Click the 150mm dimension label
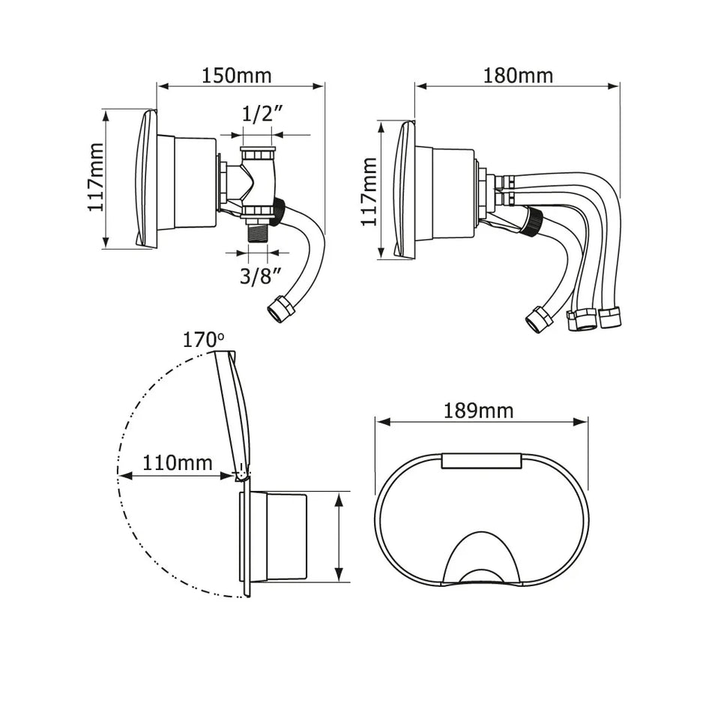pyautogui.click(x=236, y=75)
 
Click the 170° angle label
pyautogui.click(x=203, y=340)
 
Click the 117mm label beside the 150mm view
pyautogui.click(x=96, y=178)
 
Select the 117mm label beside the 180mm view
pyautogui.click(x=369, y=191)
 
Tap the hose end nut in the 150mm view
pyautogui.click(x=280, y=309)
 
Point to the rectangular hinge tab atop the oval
pyautogui.click(x=480, y=460)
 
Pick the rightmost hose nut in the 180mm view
pyautogui.click(x=610, y=317)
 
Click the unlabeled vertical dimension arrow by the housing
pyautogui.click(x=340, y=536)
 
